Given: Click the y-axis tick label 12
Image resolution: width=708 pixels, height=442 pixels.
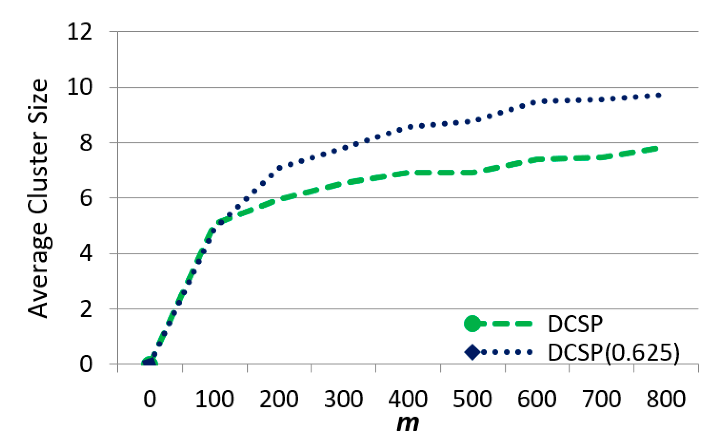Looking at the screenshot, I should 80,32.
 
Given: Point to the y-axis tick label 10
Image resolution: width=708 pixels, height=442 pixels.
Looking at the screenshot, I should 80,87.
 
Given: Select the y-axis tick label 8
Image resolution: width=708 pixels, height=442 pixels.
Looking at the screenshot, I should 86,143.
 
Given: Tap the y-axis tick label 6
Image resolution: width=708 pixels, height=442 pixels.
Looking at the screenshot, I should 86,198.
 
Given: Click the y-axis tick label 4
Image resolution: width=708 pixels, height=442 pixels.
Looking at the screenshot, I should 86,254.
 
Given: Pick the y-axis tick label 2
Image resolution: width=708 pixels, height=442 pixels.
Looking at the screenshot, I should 86,309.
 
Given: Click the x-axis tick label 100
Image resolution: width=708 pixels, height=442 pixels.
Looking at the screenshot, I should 214,400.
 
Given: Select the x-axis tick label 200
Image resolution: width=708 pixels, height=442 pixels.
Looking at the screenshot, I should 279,400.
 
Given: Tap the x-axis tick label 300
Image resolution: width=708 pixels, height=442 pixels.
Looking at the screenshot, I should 343,400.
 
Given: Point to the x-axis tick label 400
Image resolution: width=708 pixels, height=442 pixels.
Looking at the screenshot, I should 408,400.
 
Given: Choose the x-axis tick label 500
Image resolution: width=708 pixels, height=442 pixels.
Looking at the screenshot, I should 472,400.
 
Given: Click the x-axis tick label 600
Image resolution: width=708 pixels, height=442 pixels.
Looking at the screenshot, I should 537,400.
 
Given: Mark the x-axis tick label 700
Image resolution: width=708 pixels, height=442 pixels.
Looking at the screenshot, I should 601,400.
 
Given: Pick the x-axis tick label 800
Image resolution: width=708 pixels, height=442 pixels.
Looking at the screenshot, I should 666,400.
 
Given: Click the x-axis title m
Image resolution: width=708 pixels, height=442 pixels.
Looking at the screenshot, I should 408,424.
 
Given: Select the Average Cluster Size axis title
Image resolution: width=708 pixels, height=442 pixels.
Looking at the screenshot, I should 38,198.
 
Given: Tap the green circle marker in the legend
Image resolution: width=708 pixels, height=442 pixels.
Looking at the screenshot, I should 472,323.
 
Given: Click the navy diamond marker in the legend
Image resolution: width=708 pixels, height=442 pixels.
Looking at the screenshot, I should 472,352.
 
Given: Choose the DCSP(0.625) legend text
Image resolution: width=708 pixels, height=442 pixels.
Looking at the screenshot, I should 613,353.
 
